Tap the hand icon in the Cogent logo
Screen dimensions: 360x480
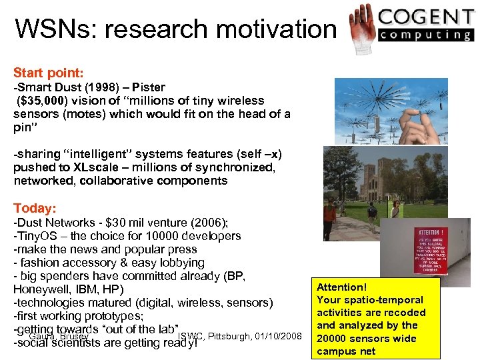pos(362,21)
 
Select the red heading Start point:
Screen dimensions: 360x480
pos(48,71)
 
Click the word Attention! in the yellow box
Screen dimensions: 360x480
pos(342,287)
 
